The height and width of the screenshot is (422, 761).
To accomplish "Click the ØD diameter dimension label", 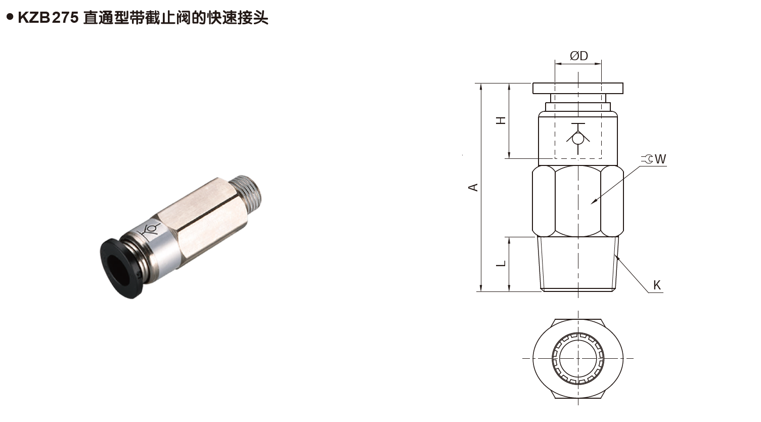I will pos(578,56).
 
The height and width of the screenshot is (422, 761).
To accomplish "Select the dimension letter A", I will pos(473,187).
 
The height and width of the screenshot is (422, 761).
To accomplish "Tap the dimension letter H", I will pos(501,120).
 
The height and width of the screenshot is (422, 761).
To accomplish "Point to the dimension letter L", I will pos(501,264).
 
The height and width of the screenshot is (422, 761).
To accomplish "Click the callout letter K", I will pos(657,285).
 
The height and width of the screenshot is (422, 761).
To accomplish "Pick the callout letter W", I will pos(660,159).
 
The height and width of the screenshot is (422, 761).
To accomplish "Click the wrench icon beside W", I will pos(647,159).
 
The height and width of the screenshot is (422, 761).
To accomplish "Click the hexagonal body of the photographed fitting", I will pos(202,218).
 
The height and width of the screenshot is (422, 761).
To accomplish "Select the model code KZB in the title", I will pos(34,18).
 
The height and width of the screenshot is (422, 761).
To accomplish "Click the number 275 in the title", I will pos(65,18).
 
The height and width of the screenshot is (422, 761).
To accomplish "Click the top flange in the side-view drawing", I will pos(578,88).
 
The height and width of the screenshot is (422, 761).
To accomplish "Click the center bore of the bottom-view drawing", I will pos(578,358).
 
